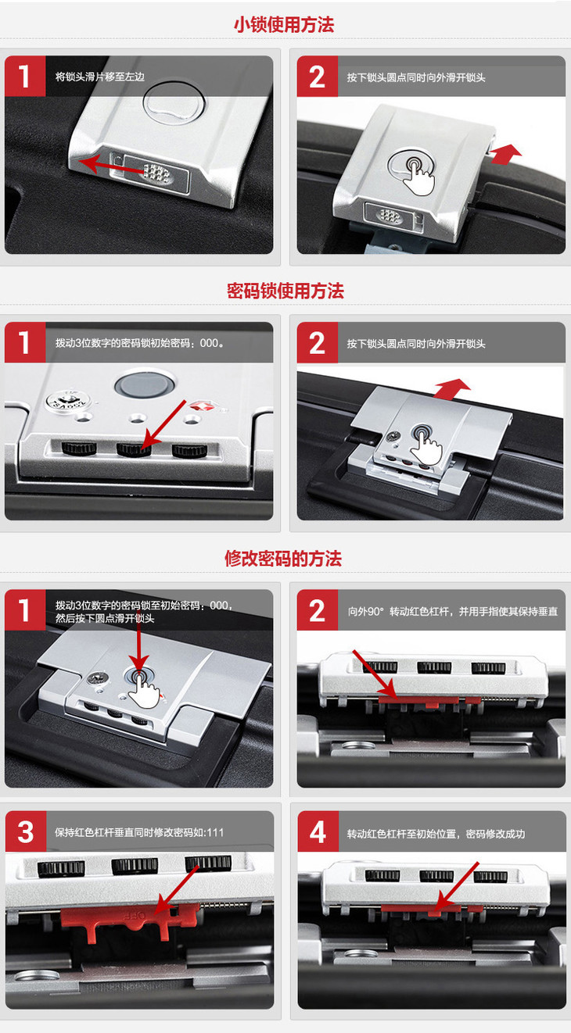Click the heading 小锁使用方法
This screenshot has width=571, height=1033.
(x=284, y=24)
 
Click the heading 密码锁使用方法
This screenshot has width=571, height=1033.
(x=285, y=291)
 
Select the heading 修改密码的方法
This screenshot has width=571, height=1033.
(x=283, y=558)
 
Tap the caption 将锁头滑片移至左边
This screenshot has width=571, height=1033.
(x=99, y=77)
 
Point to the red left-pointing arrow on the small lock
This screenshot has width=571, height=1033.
(x=111, y=166)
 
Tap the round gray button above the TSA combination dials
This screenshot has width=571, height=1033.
(x=145, y=384)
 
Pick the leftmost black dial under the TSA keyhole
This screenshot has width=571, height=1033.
(x=79, y=449)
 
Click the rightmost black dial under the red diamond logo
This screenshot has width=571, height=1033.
(x=190, y=451)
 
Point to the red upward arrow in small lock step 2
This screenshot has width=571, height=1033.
(x=505, y=154)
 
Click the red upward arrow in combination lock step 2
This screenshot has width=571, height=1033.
(x=452, y=389)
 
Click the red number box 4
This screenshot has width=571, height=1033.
(x=318, y=831)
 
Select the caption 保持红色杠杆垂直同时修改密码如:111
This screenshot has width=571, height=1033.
(x=139, y=832)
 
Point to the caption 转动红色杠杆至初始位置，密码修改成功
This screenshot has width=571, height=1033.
(x=436, y=834)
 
